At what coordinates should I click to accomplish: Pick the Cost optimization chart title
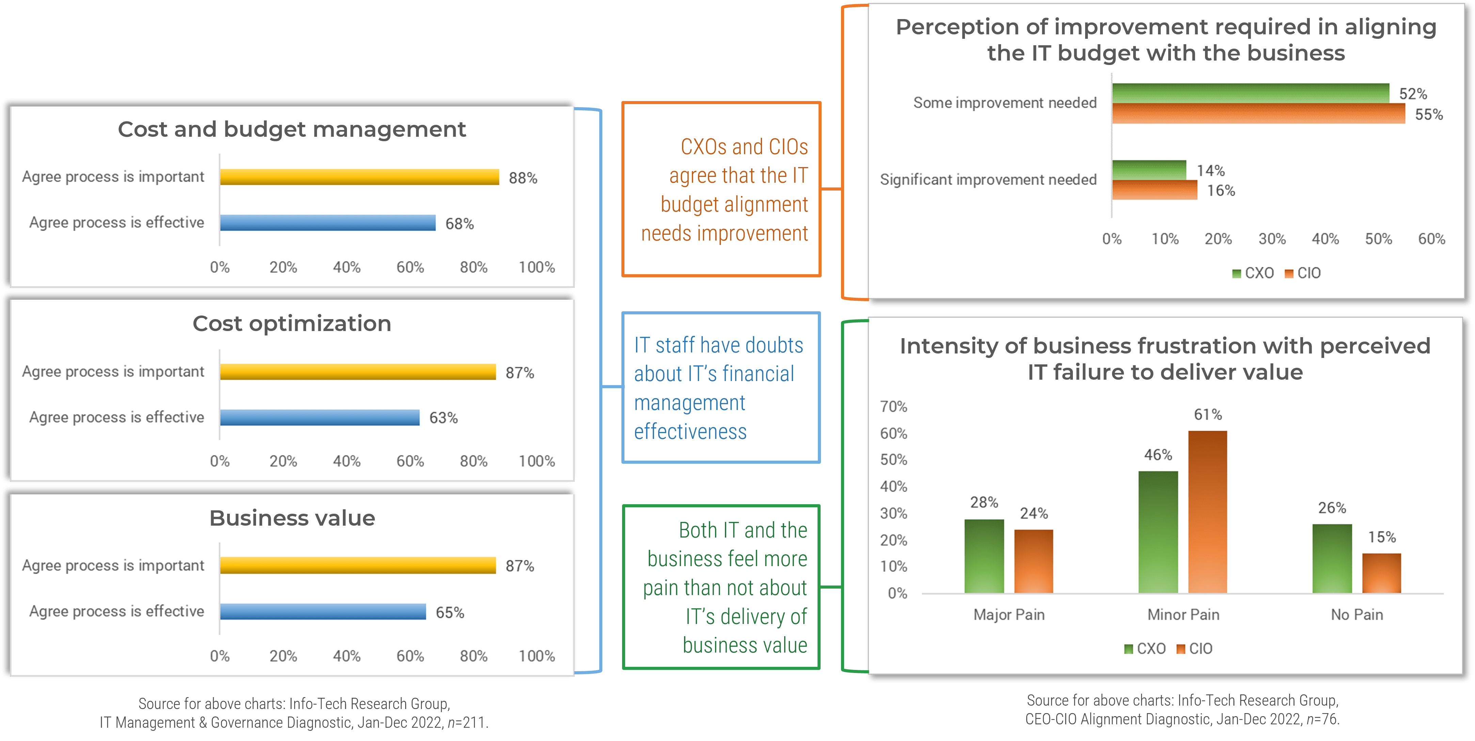pyautogui.click(x=292, y=324)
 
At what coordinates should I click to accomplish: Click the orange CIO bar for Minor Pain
pyautogui.click(x=1208, y=512)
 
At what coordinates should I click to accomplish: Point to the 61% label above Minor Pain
pyautogui.click(x=1208, y=414)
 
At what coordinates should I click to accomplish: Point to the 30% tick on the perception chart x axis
pyautogui.click(x=1272, y=239)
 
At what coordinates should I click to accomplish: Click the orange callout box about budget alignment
pyautogui.click(x=721, y=190)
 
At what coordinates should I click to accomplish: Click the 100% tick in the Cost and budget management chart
pyautogui.click(x=537, y=267)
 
